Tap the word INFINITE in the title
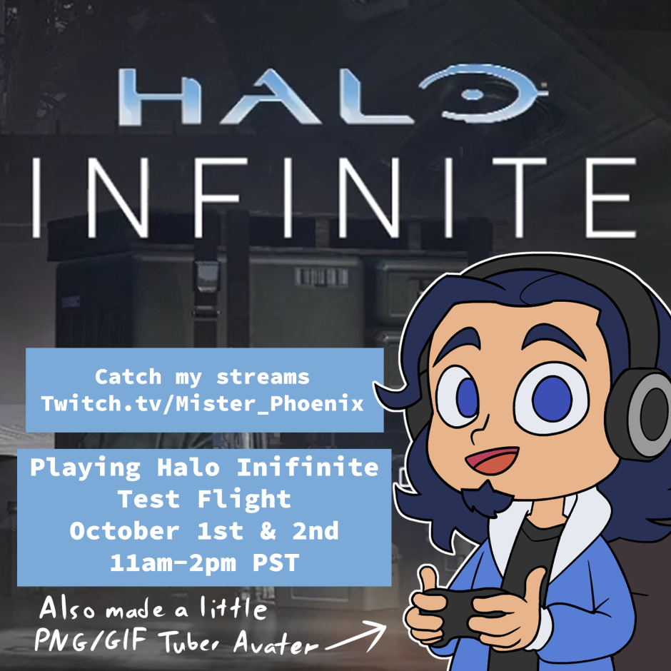tap(335, 198)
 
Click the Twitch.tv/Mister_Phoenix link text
tap(203, 404)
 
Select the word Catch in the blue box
tap(128, 377)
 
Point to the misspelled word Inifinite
tap(308, 468)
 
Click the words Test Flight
tap(204, 499)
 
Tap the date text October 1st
tap(156, 531)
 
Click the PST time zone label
tap(276, 563)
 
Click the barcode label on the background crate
tap(321, 277)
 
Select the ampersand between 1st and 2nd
tap(268, 531)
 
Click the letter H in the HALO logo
tap(159, 97)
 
